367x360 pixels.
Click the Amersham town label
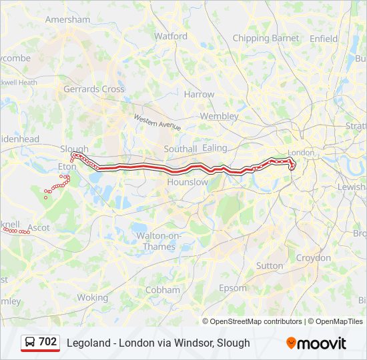(67, 19)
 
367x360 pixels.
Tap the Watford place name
(171, 36)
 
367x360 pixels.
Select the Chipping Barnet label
(266, 38)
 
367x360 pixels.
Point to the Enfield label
(324, 38)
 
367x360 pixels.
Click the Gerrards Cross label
(94, 89)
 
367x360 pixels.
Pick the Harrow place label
(200, 95)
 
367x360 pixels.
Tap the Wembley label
(219, 116)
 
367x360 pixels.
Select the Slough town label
(74, 149)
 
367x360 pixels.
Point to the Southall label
(180, 149)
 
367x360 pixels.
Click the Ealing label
(215, 147)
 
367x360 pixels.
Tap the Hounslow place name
(188, 181)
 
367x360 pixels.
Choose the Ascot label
(39, 227)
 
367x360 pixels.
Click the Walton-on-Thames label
(155, 241)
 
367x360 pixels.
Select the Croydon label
(314, 257)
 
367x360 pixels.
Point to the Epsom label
(233, 287)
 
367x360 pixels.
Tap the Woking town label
(92, 297)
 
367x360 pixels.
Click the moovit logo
(316, 343)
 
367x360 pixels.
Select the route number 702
(48, 342)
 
